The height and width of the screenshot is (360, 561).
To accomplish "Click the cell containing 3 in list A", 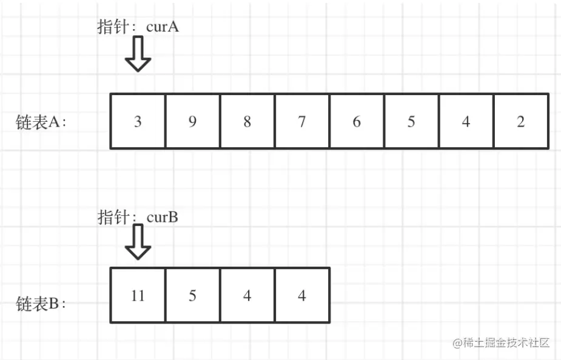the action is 138,121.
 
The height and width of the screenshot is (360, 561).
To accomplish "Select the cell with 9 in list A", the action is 192,121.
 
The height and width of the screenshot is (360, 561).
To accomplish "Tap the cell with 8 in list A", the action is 247,121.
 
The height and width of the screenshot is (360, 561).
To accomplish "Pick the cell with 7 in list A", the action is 301,121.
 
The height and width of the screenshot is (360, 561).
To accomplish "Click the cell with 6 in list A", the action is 356,121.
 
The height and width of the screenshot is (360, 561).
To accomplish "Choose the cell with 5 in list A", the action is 411,121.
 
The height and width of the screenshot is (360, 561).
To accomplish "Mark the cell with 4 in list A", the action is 465,121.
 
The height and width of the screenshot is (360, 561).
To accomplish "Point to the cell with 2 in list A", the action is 520,121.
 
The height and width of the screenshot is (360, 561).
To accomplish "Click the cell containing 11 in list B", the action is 138,295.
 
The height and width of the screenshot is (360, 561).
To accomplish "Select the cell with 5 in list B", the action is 192,295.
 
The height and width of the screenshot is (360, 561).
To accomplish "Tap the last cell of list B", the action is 301,295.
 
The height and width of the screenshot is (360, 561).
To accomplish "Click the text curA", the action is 163,27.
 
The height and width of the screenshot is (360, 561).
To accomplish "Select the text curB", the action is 162,217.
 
